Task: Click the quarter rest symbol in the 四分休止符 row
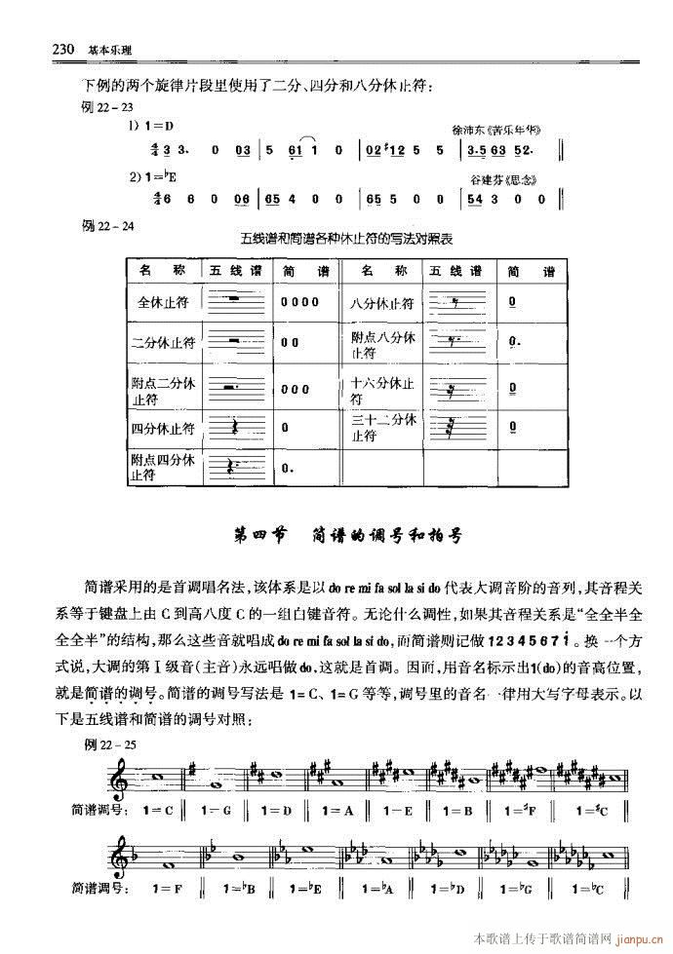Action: (x=234, y=427)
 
